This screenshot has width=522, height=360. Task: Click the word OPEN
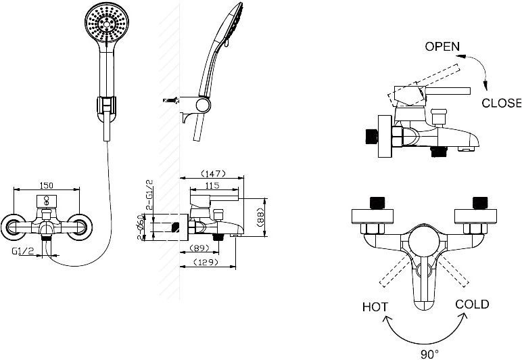click(442, 47)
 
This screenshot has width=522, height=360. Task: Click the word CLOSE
click(501, 104)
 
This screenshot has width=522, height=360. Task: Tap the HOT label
click(375, 307)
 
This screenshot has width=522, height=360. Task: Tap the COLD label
click(472, 305)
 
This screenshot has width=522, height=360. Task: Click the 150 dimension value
click(47, 185)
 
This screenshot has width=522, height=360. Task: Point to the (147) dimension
click(212, 174)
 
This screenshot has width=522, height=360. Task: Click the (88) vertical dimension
click(260, 217)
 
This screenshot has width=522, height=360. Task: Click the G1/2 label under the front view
click(23, 250)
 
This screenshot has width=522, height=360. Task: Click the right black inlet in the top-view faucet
click(481, 202)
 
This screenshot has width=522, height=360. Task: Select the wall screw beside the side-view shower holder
click(170, 100)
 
